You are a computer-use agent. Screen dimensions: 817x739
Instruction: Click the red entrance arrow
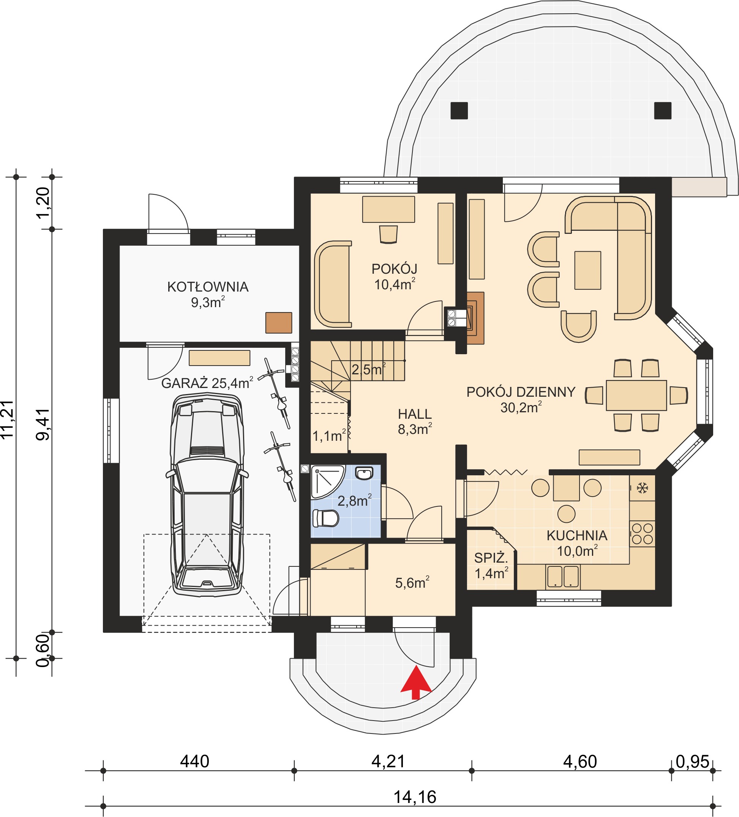[416, 685]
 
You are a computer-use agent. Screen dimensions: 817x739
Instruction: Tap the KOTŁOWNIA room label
[208, 287]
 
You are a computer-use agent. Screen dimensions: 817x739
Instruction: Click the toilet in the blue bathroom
[326, 518]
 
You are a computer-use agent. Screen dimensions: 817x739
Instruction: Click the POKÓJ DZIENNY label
[521, 392]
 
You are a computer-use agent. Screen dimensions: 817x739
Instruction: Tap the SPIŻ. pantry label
[491, 558]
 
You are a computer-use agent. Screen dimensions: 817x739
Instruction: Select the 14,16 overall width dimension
[415, 797]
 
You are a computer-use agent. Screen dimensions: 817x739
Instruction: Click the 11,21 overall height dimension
[8, 420]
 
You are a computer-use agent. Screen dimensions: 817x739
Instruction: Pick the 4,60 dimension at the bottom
[580, 762]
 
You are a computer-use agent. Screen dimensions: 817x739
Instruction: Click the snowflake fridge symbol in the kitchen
[642, 488]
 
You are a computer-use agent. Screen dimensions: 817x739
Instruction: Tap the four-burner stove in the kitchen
[643, 534]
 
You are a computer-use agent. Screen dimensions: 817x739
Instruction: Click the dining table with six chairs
[636, 395]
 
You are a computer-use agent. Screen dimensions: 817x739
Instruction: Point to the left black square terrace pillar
[459, 110]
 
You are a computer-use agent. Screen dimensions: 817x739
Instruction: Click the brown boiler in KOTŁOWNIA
[278, 323]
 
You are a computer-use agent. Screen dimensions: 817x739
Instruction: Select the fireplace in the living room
[475, 318]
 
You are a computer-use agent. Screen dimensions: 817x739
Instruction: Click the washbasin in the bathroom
[364, 473]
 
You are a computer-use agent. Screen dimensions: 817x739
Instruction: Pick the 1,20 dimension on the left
[43, 203]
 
